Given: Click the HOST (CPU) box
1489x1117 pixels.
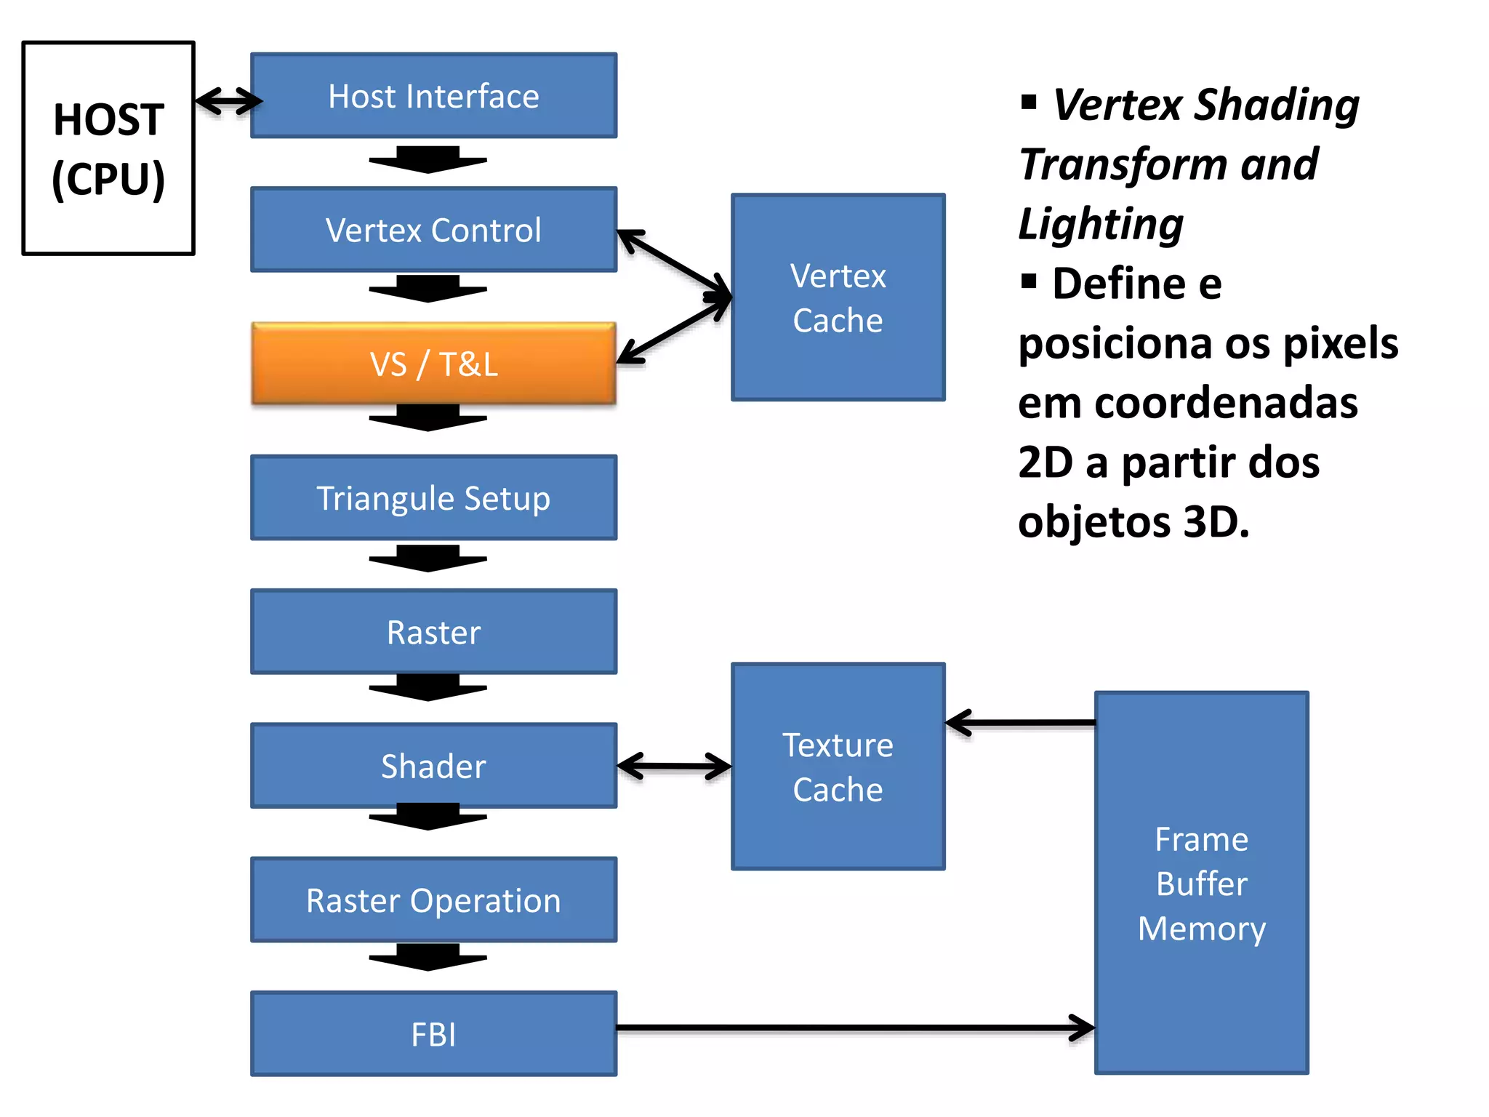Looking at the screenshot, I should (108, 148).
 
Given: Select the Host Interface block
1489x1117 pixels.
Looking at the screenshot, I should (433, 95).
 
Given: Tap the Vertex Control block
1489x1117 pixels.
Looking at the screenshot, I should (433, 230).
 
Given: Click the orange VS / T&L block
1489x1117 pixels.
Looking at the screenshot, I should (433, 364).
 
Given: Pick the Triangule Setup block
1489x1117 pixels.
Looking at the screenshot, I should (433, 498).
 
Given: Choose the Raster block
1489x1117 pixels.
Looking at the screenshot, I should (433, 632).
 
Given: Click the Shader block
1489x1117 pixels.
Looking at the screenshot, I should (433, 766).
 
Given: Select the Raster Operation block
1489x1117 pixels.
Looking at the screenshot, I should (433, 900).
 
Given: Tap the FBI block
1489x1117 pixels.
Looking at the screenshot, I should (433, 1034).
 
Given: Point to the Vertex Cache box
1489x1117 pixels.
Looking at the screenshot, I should (838, 297).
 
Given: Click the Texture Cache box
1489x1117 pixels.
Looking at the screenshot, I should (838, 766).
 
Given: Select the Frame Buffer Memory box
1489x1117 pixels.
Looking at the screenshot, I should (1201, 883).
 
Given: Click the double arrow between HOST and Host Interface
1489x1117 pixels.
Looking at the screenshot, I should (228, 100).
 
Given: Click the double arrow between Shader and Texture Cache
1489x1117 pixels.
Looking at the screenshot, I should (673, 766).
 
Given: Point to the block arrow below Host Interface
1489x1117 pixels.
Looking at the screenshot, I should (428, 160).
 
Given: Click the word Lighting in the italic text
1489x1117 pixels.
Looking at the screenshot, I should (1101, 223).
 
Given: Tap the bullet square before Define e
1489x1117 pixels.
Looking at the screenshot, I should (1028, 281).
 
